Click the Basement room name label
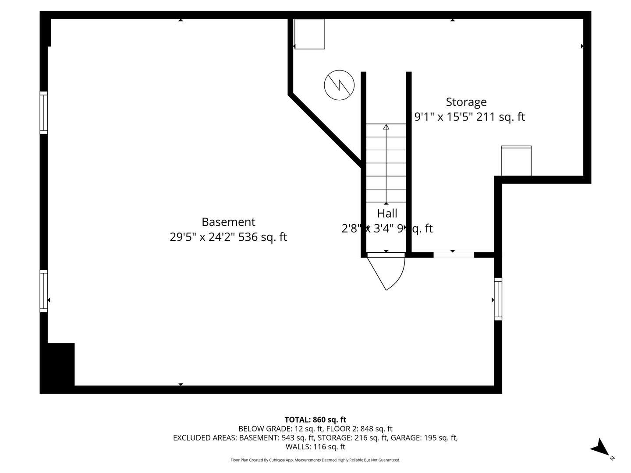228,222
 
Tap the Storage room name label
466,102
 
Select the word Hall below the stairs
387,214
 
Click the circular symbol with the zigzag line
339,85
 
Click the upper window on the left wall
44,113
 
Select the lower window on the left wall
44,291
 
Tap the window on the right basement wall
498,299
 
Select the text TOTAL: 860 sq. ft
315,420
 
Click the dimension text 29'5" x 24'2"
203,237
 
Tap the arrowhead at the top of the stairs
386,127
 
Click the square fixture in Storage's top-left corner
309,34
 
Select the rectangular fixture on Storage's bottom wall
516,161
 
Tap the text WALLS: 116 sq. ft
315,447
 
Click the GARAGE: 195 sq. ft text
424,438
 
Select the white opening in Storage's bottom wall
454,255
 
